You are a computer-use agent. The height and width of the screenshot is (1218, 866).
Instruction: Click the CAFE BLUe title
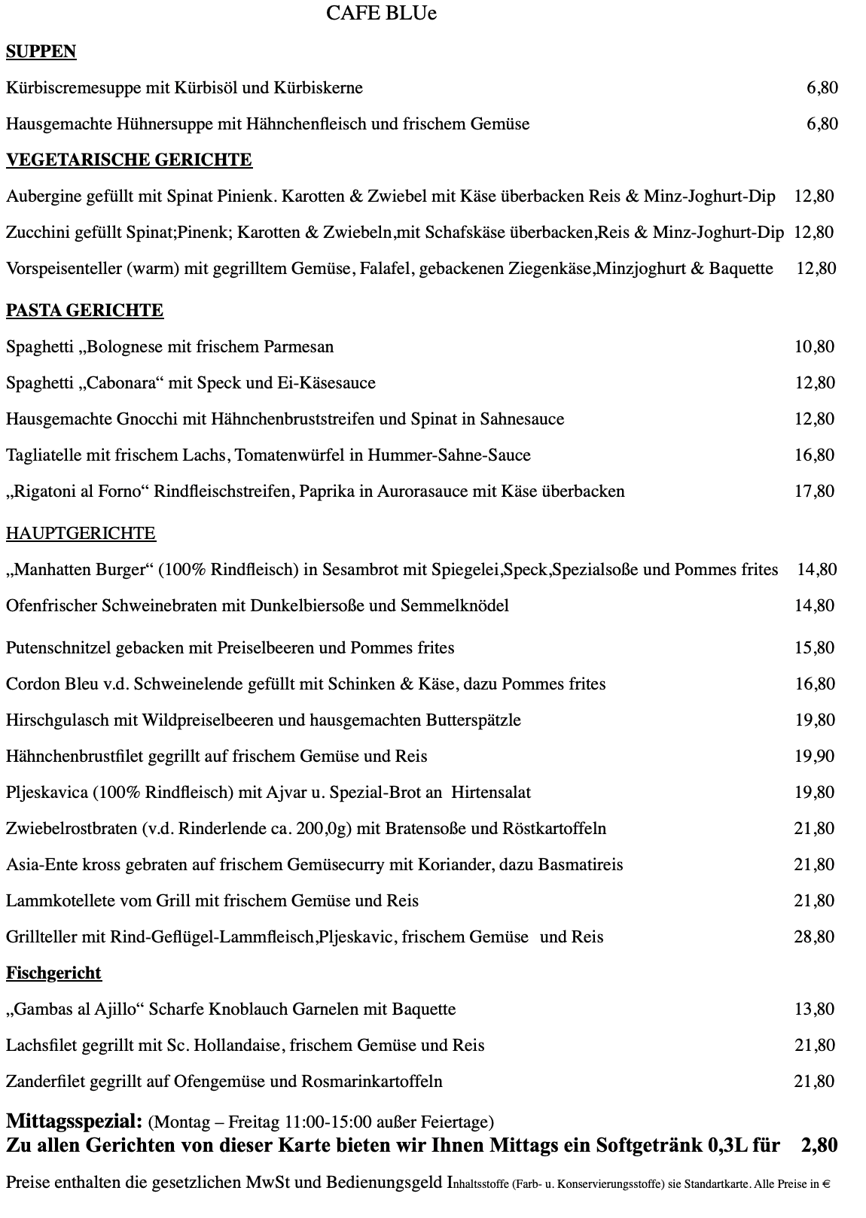[381, 14]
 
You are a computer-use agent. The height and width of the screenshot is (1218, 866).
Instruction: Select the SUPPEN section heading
[41, 51]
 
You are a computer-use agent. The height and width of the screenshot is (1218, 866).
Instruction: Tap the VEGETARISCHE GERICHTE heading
[129, 160]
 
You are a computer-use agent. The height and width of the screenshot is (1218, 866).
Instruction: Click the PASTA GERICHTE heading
[84, 310]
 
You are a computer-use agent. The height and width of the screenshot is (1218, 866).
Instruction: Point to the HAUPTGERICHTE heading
[81, 534]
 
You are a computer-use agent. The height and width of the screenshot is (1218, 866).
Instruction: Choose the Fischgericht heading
[53, 973]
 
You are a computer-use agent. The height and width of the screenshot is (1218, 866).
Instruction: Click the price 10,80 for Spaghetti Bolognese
[814, 346]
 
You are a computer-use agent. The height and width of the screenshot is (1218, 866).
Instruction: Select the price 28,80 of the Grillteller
[814, 936]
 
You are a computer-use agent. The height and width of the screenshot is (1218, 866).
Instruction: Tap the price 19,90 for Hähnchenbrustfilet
[814, 756]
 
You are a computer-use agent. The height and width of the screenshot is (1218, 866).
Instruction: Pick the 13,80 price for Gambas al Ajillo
[814, 1009]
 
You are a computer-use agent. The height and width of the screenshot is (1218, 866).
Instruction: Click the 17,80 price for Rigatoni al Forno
[814, 491]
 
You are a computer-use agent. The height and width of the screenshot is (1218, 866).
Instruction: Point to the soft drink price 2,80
[819, 1145]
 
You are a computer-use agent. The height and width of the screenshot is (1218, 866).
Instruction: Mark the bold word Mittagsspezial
[74, 1121]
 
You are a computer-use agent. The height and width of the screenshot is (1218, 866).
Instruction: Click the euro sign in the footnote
[826, 1184]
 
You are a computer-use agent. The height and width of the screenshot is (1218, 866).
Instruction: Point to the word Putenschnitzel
[63, 648]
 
